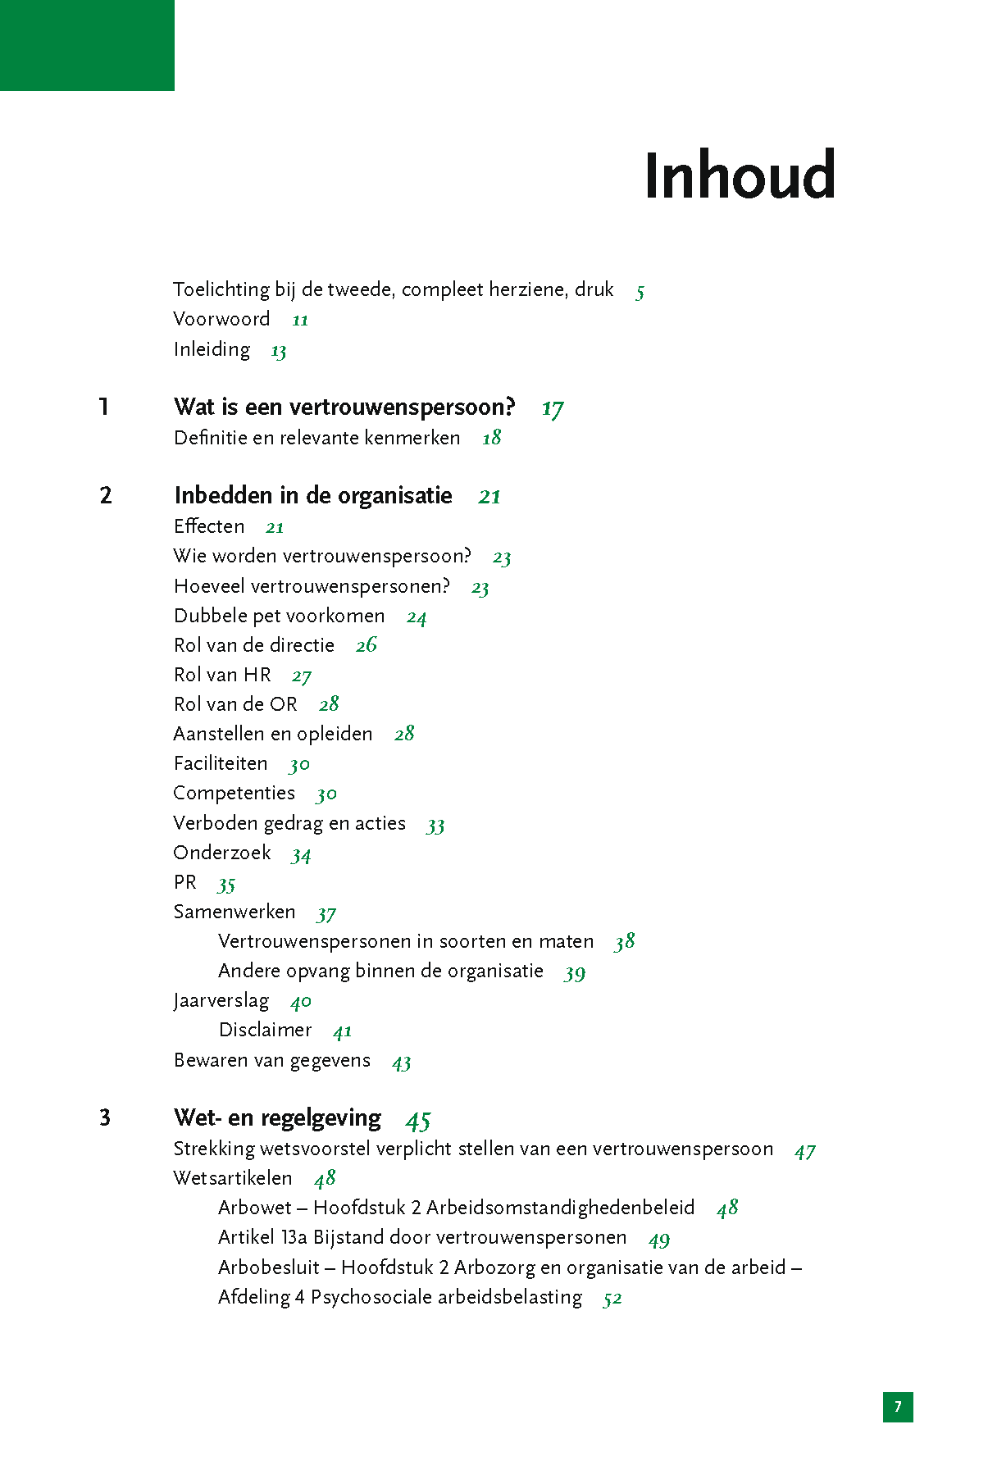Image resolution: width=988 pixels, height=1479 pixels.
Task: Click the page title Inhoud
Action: pos(740,175)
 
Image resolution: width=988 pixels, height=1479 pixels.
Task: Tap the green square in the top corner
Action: pos(87,45)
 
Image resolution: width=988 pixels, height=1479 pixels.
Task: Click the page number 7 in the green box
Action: pos(898,1407)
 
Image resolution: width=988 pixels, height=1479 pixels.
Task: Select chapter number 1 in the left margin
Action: pos(104,407)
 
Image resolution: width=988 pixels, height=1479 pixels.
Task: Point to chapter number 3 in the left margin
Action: pos(105,1117)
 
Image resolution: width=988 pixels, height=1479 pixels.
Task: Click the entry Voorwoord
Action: pos(221,319)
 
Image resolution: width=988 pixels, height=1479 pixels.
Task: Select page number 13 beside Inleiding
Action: pos(279,351)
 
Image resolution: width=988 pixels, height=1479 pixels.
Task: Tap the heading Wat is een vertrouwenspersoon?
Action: pos(344,407)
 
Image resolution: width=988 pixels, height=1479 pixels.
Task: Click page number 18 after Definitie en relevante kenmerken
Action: pos(492,438)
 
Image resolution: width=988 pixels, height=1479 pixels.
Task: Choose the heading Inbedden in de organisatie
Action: pos(313,495)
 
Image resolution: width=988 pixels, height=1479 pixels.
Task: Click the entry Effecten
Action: pos(209,526)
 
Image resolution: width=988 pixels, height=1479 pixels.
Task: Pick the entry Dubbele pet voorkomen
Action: pos(279,616)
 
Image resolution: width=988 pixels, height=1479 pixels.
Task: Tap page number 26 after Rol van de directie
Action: pos(367,645)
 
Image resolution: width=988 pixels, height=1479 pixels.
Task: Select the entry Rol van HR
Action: pos(222,675)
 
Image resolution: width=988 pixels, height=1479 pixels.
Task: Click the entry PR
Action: pos(185,882)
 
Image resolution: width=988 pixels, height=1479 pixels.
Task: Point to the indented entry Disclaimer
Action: pos(265,1030)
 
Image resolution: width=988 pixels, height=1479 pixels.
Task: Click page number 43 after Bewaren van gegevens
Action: pos(401,1063)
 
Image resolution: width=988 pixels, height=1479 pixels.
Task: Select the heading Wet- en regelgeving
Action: pos(277,1117)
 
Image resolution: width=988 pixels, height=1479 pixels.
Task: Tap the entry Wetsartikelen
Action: pos(233,1178)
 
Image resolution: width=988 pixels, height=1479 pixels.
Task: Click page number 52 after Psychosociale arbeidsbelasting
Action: pos(612,1299)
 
